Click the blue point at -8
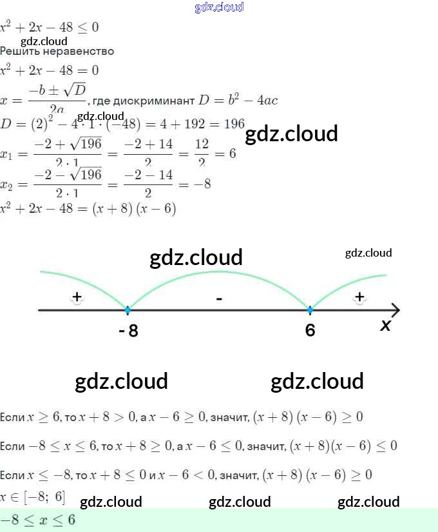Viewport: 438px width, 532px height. click(128, 310)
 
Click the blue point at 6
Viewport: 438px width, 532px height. click(310, 310)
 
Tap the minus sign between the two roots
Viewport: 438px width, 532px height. click(219, 299)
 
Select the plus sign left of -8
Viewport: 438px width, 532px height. click(77, 297)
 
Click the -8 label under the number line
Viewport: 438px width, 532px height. click(128, 331)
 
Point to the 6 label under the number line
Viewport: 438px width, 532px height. click(310, 330)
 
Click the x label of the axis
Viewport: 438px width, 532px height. click(385, 326)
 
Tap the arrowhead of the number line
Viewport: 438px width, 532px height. click(395, 310)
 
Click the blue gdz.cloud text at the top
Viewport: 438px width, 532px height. click(219, 7)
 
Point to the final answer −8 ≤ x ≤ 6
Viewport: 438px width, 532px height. click(39, 520)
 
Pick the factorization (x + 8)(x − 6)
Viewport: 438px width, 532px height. click(134, 209)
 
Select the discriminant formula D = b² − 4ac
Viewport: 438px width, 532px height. click(237, 100)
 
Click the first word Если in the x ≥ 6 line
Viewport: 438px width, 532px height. click(12, 417)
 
